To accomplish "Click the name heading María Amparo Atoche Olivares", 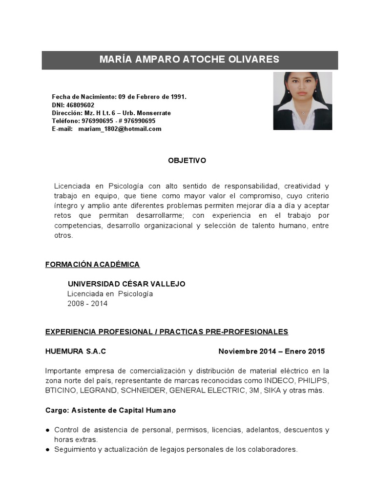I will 189,60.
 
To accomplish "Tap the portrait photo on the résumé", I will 302,101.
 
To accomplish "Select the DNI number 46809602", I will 80,105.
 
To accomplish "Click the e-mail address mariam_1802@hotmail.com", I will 120,129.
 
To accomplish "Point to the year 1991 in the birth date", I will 178,97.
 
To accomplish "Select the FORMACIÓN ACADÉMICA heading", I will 92,265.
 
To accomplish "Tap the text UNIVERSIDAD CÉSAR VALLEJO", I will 126,284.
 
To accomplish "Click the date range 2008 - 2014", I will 87,304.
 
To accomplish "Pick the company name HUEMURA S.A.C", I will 76,352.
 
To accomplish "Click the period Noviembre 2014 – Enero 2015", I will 271,352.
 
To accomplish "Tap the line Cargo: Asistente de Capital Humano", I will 110,411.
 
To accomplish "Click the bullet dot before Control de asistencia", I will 47,430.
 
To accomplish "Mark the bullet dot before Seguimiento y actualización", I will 47,450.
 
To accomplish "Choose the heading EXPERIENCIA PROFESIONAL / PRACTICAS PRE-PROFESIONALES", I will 167,332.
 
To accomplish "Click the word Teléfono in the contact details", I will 65,121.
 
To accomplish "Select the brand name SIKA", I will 273,391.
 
